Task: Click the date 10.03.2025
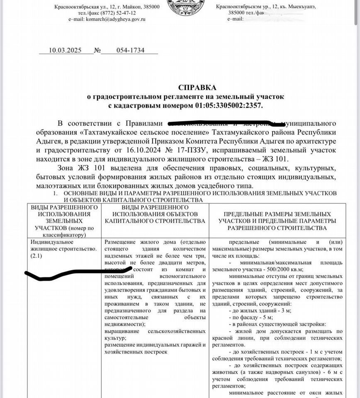point(66,50)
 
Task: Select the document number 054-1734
point(130,50)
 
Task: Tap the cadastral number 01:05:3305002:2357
point(229,106)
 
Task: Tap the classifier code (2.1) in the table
point(37,256)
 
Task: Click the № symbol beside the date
point(97,51)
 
